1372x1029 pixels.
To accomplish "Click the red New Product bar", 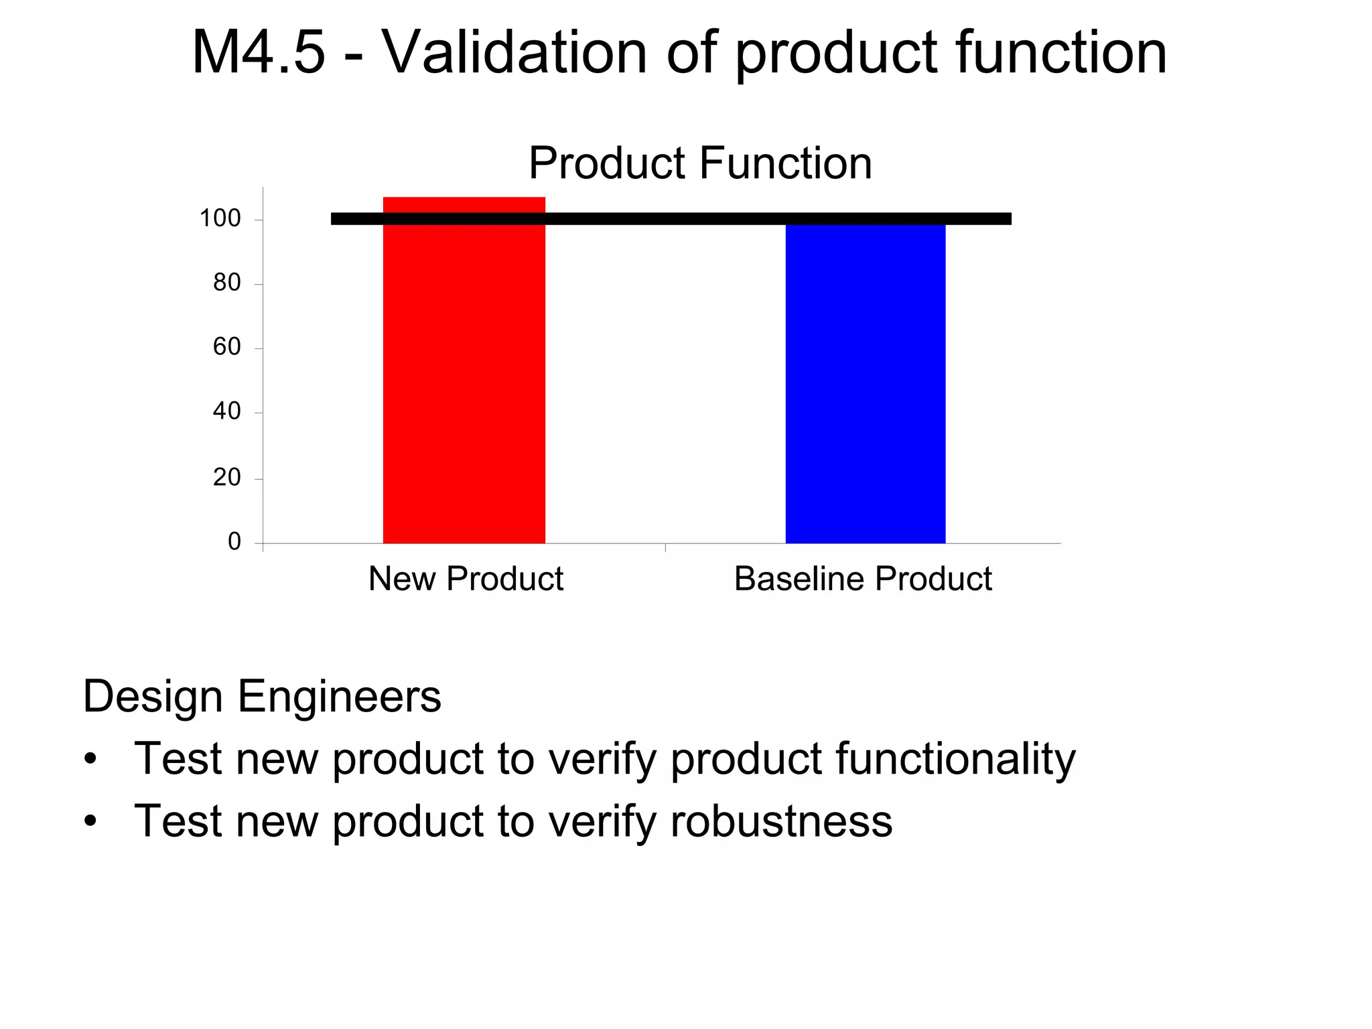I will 464,382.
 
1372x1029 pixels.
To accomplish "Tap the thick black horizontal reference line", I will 670,218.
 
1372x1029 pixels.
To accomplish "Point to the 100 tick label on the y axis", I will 220,218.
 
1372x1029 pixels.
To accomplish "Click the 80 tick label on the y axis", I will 226,283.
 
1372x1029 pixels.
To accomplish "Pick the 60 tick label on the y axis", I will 226,347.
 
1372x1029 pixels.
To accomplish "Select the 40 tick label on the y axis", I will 226,411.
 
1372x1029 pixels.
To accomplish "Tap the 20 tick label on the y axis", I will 226,478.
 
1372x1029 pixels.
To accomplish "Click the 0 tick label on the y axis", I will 234,541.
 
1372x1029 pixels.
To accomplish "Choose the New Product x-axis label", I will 466,578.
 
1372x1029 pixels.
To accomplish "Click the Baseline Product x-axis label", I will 863,578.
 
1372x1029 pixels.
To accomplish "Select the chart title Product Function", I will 700,163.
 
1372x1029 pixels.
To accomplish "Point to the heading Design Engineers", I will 262,697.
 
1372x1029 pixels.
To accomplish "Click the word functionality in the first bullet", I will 955,759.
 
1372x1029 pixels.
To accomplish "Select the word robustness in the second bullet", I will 781,821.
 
